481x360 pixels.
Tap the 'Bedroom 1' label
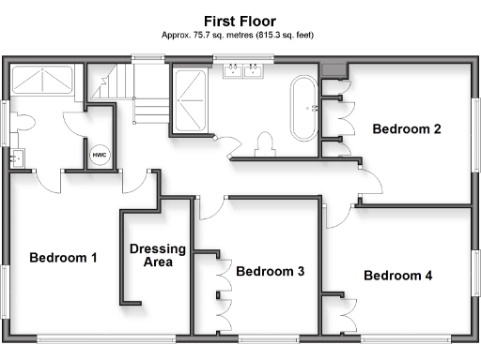pos(63,258)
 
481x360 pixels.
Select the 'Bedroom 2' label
pos(406,129)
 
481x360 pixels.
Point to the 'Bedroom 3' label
pos(270,272)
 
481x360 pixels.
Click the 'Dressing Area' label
pos(151,256)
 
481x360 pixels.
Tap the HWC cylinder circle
pos(99,155)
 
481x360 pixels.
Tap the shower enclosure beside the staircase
pos(193,98)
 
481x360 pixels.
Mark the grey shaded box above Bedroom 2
pos(333,69)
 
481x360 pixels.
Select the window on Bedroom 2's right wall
pos(473,131)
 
